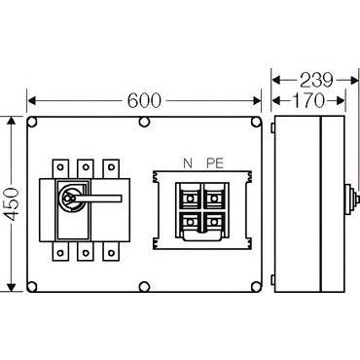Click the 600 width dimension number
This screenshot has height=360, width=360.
[144, 100]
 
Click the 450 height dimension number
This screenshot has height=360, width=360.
[14, 204]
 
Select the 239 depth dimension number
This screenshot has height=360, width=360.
[316, 81]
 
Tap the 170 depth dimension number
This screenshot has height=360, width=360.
[308, 100]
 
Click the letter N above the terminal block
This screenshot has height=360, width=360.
[188, 163]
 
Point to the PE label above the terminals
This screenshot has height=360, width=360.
[215, 163]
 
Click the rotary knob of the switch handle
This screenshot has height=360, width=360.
[69, 198]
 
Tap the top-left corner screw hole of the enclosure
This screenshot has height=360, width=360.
[32, 123]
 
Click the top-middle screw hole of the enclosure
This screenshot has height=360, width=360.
[144, 123]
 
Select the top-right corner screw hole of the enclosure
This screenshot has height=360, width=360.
[256, 123]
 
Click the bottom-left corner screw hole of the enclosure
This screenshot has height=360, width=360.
[32, 287]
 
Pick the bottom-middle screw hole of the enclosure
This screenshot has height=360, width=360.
[144, 287]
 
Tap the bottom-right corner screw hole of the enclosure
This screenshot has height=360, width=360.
[256, 287]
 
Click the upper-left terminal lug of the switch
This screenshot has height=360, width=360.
[60, 168]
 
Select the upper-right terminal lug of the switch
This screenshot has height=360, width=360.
[111, 168]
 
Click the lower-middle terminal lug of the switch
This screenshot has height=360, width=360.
[86, 251]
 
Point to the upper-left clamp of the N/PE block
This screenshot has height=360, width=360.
[190, 198]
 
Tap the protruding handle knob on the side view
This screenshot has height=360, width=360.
[351, 199]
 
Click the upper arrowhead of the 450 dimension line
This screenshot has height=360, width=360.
[12, 121]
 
